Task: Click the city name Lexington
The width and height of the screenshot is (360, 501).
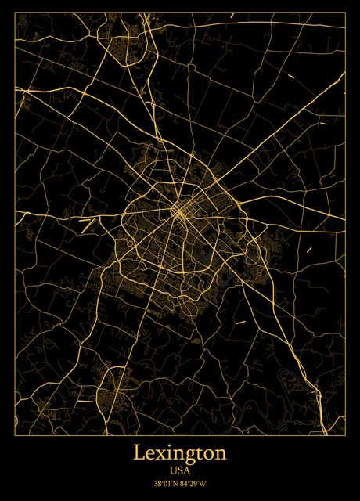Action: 180,453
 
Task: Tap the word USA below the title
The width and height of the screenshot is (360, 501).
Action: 180,471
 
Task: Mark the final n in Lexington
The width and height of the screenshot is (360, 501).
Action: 221,454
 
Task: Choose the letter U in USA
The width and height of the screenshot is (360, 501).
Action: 172,471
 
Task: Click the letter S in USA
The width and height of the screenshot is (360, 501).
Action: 180,471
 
